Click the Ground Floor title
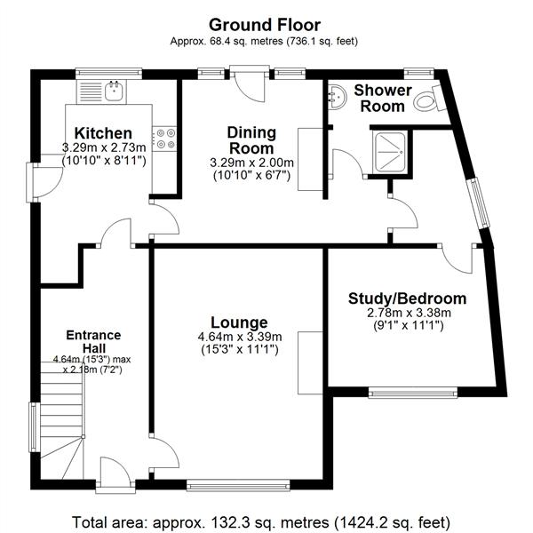pos(265,25)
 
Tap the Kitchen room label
pos(103,133)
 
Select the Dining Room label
pos(251,140)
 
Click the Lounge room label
pos(239,322)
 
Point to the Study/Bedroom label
pos(407,298)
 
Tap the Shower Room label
pos(383,99)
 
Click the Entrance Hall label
pos(93,342)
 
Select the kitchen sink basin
pos(114,91)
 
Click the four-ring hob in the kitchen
pos(164,139)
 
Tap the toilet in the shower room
pos(429,99)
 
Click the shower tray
pos(390,152)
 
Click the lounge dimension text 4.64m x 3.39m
pos(240,337)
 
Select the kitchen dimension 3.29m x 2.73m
pos(104,147)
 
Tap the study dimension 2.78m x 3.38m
pos(409,313)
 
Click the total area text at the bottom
pos(261,522)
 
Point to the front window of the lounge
pos(238,485)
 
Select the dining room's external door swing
pos(251,86)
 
